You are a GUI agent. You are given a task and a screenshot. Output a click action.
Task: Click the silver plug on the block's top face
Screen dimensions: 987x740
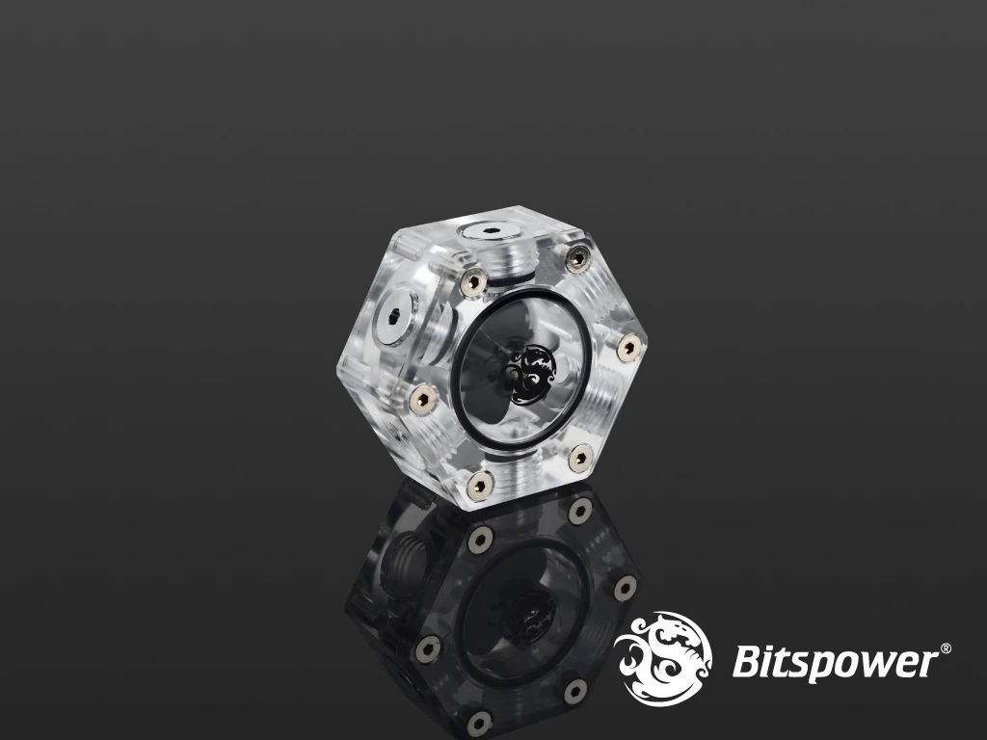point(490,233)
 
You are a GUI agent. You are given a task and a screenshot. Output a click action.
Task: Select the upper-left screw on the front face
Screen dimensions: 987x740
point(474,280)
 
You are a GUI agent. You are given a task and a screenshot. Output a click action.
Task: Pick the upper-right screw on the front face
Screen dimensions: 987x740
point(578,257)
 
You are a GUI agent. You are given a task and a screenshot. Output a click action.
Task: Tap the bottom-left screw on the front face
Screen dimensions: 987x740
point(480,485)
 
